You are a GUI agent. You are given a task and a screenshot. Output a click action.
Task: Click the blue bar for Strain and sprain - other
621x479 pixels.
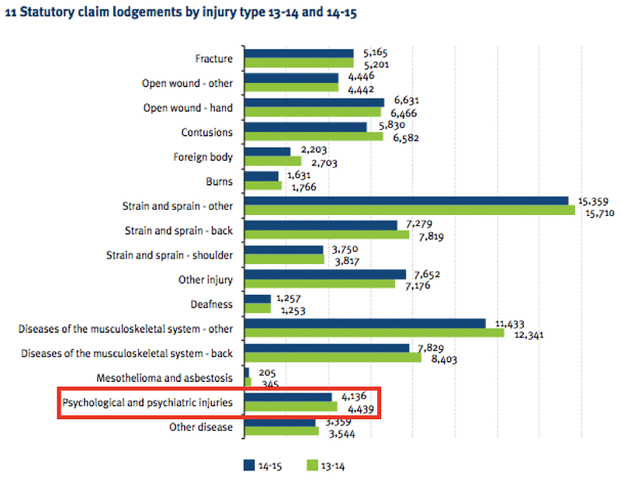pyautogui.click(x=407, y=200)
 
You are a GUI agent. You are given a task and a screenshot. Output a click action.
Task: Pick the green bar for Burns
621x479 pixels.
pyautogui.click(x=263, y=186)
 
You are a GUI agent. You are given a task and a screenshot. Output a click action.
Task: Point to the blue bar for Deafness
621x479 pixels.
pyautogui.click(x=258, y=299)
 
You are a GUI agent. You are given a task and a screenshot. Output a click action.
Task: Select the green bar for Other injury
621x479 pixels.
pyautogui.click(x=320, y=283)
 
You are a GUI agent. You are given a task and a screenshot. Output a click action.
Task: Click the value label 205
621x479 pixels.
pyautogui.click(x=268, y=372)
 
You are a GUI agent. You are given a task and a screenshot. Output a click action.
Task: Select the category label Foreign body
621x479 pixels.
pyautogui.click(x=203, y=157)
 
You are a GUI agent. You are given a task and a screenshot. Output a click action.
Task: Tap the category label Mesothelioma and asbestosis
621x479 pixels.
pyautogui.click(x=165, y=378)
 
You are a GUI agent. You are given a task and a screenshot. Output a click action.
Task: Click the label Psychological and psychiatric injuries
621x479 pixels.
pyautogui.click(x=147, y=402)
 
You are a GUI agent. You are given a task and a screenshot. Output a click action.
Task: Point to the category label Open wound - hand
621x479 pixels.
pyautogui.click(x=188, y=108)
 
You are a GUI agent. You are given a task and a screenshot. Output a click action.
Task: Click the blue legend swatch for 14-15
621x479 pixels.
pyautogui.click(x=250, y=465)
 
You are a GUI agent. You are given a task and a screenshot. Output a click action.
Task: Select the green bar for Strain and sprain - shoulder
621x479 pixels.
pyautogui.click(x=284, y=259)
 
